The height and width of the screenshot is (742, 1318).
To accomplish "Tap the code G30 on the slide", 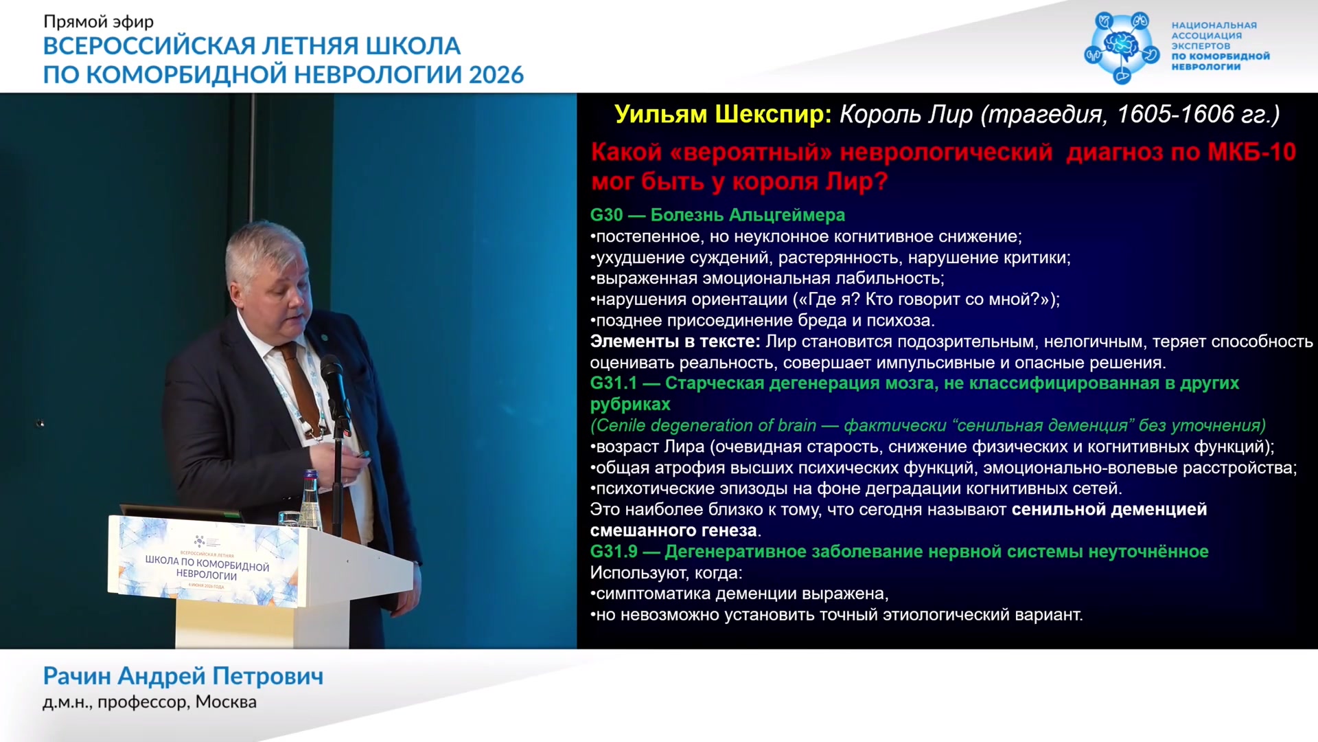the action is [607, 215].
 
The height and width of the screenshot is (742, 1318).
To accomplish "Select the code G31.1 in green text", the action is [614, 383].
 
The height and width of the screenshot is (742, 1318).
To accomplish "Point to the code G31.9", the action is [614, 552].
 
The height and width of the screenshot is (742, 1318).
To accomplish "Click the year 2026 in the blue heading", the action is [496, 74].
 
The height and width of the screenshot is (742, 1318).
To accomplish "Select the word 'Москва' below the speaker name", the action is [226, 702].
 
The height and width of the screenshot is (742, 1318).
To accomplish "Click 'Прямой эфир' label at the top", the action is [99, 22].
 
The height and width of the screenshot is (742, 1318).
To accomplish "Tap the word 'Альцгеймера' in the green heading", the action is [787, 216].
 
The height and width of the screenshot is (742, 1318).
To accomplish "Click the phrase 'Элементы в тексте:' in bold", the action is [675, 341].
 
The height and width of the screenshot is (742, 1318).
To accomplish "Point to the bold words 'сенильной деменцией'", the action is [1109, 510].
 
